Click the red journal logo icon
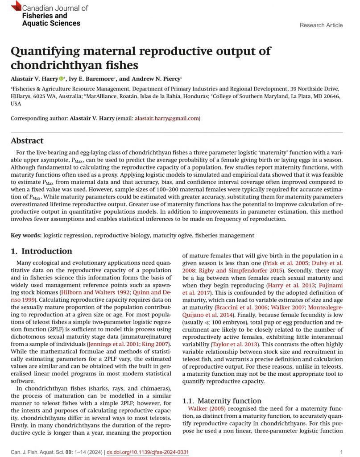pos(16,6)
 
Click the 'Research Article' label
pos(321,25)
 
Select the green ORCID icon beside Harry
pos(61,79)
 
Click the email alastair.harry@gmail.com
pos(166,118)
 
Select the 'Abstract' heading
pos(27,141)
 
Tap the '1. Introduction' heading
pos(41,251)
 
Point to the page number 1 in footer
pos(341,452)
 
